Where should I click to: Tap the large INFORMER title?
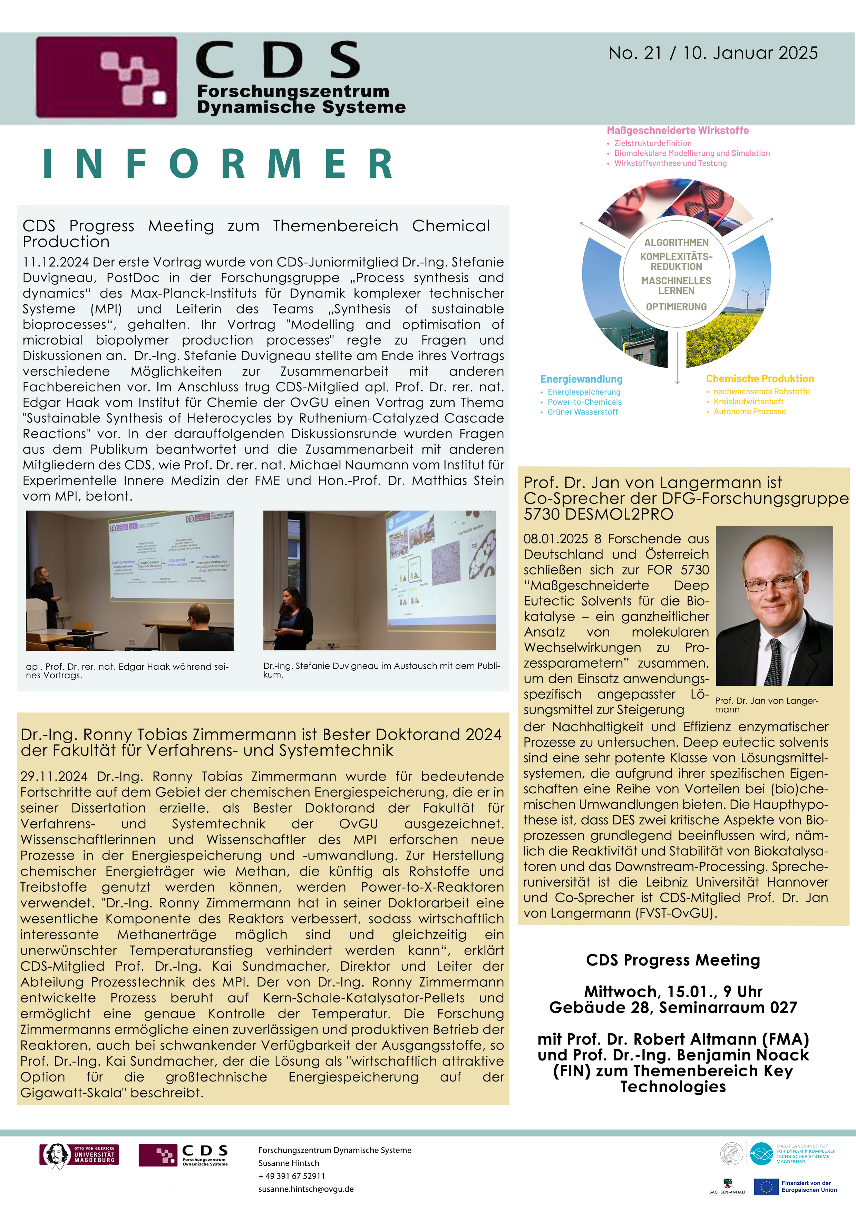pyautogui.click(x=217, y=164)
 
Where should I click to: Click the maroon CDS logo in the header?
pyautogui.click(x=107, y=77)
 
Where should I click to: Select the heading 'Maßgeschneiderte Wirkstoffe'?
pyautogui.click(x=677, y=130)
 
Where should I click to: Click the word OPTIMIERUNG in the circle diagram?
pyautogui.click(x=676, y=307)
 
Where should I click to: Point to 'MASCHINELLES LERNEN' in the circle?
pyautogui.click(x=676, y=285)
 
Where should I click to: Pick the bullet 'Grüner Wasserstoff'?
pyautogui.click(x=582, y=412)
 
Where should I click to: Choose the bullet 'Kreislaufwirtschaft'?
pyautogui.click(x=748, y=401)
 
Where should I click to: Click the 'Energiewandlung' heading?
pyautogui.click(x=581, y=379)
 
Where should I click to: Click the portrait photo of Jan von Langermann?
pyautogui.click(x=774, y=605)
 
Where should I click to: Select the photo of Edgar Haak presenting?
pyautogui.click(x=130, y=580)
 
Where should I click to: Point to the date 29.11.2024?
pyautogui.click(x=54, y=776)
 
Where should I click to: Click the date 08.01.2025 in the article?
pyautogui.click(x=555, y=539)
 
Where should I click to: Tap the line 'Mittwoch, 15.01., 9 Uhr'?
pyautogui.click(x=673, y=991)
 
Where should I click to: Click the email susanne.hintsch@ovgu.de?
pyautogui.click(x=306, y=1189)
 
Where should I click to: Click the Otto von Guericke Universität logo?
pyautogui.click(x=79, y=1155)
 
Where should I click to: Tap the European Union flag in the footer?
pyautogui.click(x=766, y=1187)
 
